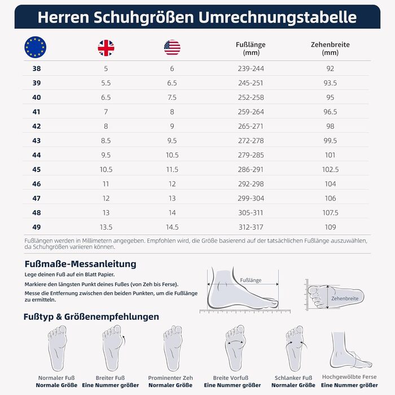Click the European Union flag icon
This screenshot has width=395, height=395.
pos(36,47)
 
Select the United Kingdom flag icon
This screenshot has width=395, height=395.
pos(106,47)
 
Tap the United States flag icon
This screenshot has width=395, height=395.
pos(172,47)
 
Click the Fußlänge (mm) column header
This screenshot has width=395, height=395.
pos(251,49)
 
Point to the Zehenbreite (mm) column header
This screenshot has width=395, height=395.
pos(330,49)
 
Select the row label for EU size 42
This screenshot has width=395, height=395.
pos(37,126)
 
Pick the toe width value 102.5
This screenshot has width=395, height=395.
pos(330,169)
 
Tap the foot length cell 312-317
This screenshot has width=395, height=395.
pos(251,227)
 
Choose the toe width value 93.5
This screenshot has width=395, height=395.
pos(330,83)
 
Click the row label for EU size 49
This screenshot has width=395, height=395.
pos(37,227)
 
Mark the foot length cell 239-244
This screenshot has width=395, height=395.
pos(251,68)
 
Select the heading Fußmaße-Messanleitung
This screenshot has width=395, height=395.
pos(80,264)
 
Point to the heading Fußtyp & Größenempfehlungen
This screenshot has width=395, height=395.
pos(91,317)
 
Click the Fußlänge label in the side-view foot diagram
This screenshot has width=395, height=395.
pos(251,280)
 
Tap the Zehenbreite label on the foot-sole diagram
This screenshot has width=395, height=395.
pos(345,299)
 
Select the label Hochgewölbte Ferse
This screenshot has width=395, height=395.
pos(349,376)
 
